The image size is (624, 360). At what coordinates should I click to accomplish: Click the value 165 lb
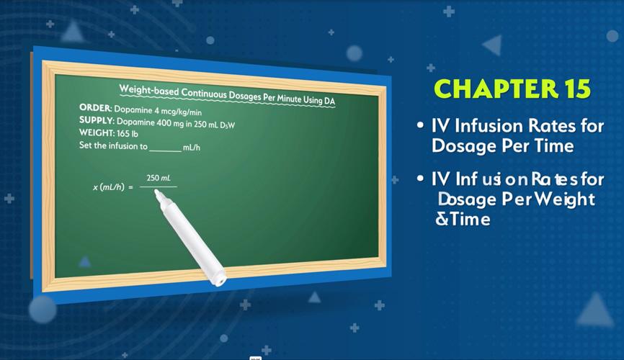128,134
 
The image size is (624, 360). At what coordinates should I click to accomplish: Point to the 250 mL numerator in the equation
159,178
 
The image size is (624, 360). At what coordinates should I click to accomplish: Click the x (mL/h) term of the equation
109,187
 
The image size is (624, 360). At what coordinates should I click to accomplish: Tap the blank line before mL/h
165,150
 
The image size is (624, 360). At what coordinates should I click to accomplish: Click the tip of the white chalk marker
156,192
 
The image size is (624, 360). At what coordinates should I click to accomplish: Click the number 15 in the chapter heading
576,89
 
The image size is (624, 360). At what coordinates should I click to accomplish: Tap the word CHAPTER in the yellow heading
496,89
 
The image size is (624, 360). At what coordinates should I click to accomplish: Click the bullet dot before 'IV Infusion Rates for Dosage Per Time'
420,126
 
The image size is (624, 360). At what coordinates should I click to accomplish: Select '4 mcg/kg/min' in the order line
178,112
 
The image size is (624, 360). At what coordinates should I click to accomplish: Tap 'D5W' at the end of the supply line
227,125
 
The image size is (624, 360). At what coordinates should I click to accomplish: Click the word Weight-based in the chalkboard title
149,90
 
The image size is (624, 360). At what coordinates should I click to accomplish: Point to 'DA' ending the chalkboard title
329,101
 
